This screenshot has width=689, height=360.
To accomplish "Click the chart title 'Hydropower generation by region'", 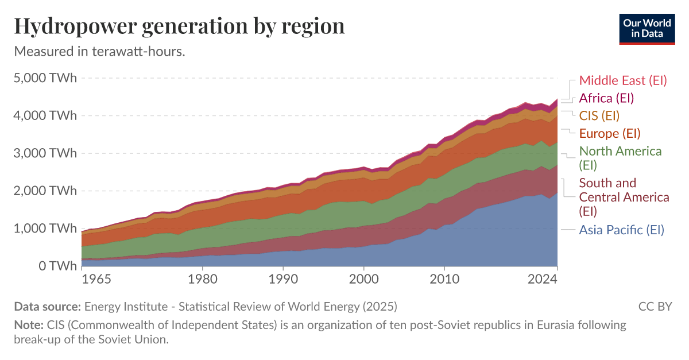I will point(179,26).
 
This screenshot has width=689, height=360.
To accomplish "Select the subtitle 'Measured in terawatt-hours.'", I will point(99,52).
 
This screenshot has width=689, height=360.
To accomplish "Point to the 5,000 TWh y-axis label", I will point(44,78).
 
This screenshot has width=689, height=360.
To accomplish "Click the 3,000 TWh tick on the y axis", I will point(44,153).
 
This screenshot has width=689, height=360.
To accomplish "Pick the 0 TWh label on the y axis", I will point(56,266).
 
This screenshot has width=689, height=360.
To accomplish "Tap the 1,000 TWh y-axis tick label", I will point(44,229).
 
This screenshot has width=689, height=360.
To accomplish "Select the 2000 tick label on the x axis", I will point(363,280).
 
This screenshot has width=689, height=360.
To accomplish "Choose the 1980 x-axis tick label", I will point(202,280).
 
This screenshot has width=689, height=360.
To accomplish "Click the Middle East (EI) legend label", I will point(623,80).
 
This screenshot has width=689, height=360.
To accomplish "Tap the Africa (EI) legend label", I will point(606,98).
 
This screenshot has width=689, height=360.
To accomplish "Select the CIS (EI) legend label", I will point(599,115).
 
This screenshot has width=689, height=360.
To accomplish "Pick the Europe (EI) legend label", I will point(609,133).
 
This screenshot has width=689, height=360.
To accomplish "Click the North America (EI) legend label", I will point(620,158).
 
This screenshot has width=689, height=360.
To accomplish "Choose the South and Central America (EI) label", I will point(624,197).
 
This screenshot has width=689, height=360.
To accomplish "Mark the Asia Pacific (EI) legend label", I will point(621,230).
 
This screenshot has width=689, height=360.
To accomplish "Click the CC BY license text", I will point(655,307).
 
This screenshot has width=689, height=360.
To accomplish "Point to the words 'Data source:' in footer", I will point(48,307).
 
